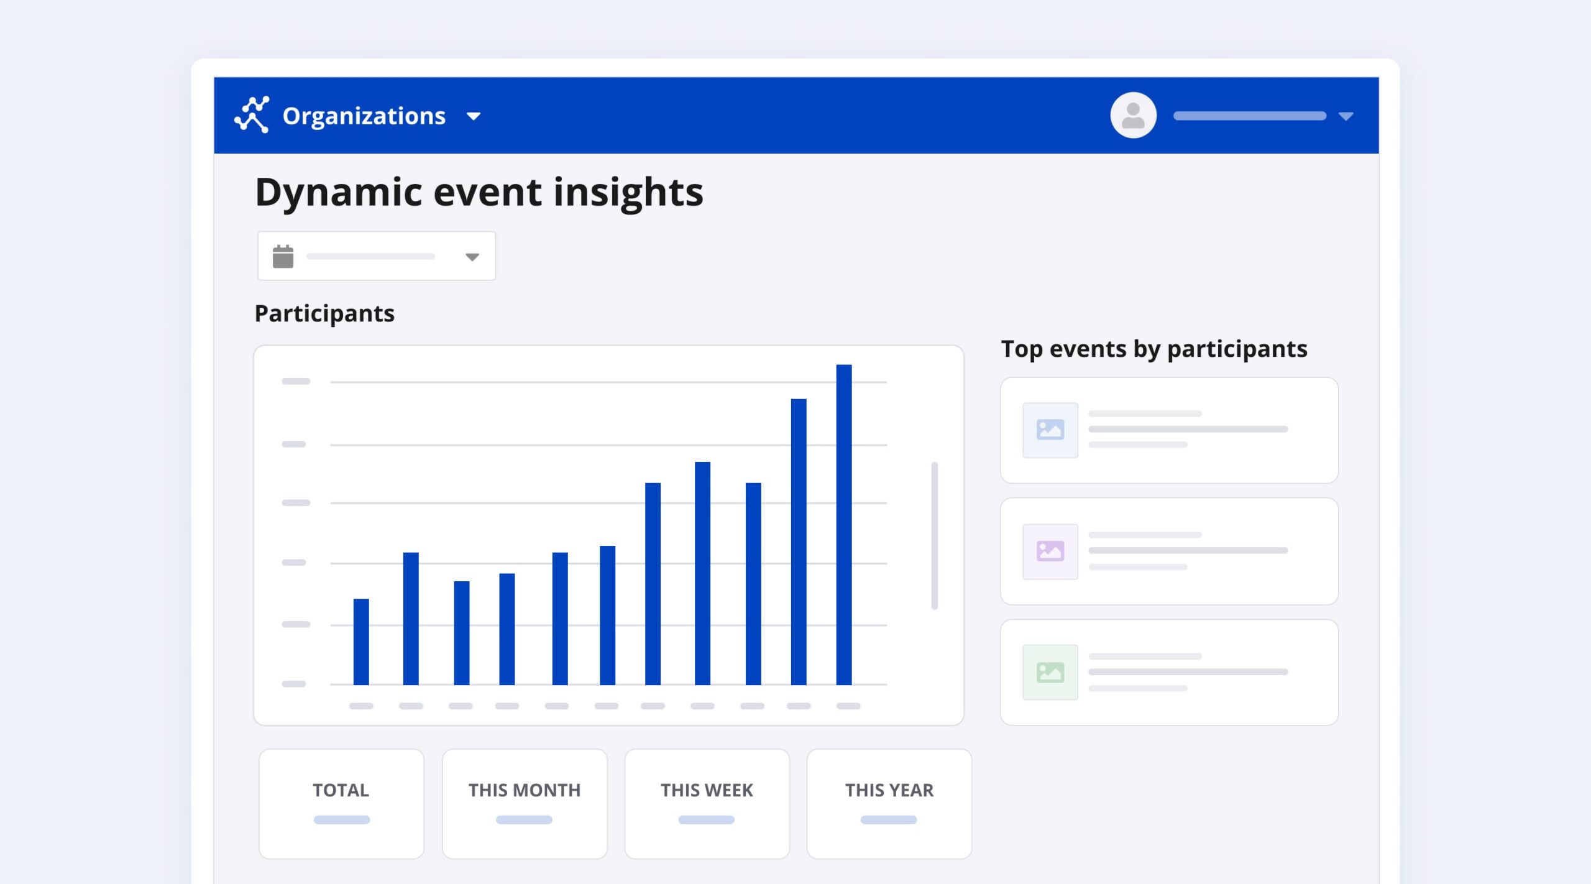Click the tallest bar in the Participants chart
[x=843, y=525]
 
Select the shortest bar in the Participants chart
[x=361, y=642]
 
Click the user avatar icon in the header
[x=1133, y=116]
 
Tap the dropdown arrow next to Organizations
[x=474, y=116]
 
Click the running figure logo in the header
[x=252, y=114]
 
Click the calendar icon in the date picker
[x=283, y=256]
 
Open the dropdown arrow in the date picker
[x=472, y=257]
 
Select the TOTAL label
[x=341, y=790]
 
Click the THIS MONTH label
[x=525, y=790]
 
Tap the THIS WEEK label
[x=707, y=790]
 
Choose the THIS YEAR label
[x=889, y=790]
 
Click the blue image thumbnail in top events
[x=1050, y=430]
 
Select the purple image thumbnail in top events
[x=1050, y=551]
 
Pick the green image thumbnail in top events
[x=1050, y=672]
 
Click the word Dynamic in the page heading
[x=339, y=193]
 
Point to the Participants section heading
[x=324, y=314]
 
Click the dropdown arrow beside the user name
[x=1346, y=116]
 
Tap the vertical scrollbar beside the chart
[x=934, y=535]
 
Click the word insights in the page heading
[x=628, y=192]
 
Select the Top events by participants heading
[x=1154, y=349]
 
